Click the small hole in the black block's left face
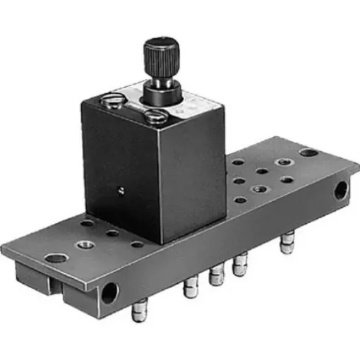[121, 189]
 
